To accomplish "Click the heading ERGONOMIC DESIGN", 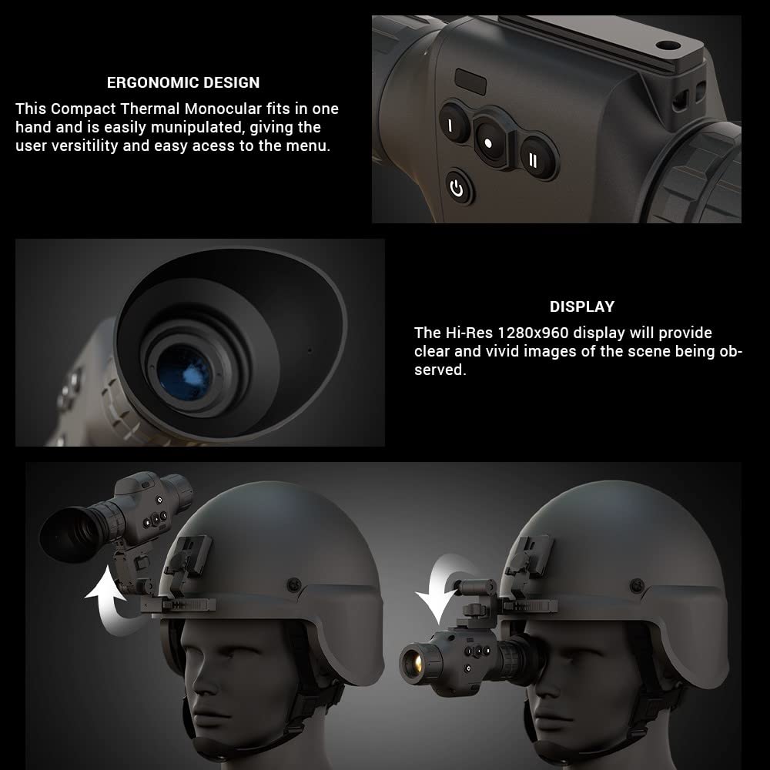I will tap(183, 82).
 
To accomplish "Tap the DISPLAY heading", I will tap(581, 306).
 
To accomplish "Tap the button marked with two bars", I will tap(533, 160).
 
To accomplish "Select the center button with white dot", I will tap(488, 143).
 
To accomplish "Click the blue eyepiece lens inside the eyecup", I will tap(184, 369).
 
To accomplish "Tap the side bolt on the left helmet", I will tap(293, 584).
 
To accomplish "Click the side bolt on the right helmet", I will tap(636, 586).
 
